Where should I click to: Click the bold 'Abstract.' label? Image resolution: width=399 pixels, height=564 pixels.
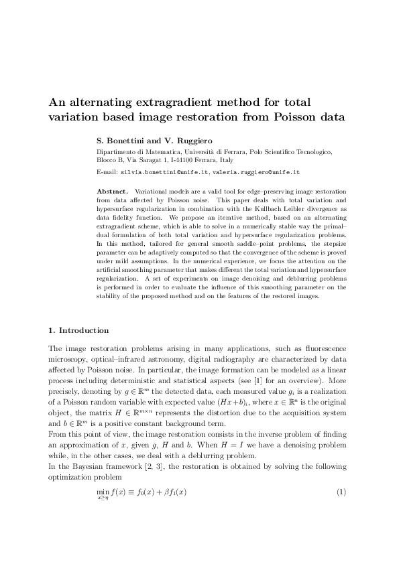[x=113, y=191]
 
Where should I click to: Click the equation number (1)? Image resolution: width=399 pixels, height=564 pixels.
[x=341, y=512]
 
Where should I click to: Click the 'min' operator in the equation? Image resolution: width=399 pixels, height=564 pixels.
[x=103, y=510]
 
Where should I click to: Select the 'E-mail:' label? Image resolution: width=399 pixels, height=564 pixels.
[x=107, y=172]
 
